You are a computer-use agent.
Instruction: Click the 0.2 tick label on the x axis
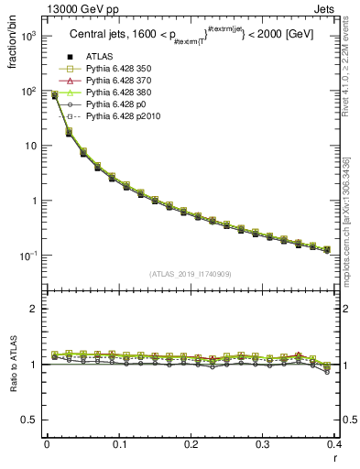pyautogui.click(x=191, y=444)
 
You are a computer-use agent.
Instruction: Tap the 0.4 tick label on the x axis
pyautogui.click(x=334, y=444)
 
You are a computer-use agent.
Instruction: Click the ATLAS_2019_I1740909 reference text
pyautogui.click(x=191, y=274)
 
